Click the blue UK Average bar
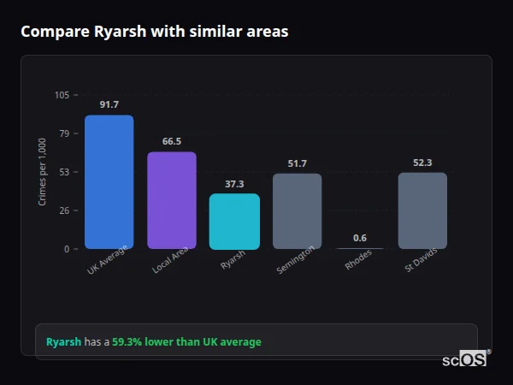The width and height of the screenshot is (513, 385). tap(109, 182)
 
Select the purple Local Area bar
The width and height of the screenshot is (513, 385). tap(172, 200)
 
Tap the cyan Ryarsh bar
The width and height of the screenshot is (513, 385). tap(234, 222)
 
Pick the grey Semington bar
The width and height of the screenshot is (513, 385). tap(297, 211)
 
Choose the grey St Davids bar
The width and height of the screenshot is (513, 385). tap(422, 210)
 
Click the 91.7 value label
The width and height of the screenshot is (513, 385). tap(109, 104)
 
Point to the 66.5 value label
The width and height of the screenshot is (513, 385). tap(172, 141)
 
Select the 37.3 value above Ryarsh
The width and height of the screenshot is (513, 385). tap(234, 183)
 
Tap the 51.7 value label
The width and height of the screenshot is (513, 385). tap(297, 163)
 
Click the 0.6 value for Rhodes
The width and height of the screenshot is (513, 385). tap(360, 238)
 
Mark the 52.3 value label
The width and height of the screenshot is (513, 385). tap(422, 163)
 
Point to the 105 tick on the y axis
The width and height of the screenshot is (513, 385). tap(62, 95)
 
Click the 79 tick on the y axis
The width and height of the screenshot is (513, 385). tap(64, 133)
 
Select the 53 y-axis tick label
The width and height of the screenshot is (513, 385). tap(64, 172)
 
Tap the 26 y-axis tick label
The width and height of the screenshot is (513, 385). tap(64, 210)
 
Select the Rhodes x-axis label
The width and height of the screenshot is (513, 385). tap(358, 259)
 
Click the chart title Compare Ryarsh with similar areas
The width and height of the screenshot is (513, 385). tap(154, 32)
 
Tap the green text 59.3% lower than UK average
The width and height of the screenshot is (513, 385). tap(186, 342)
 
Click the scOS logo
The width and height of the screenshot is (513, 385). tap(464, 360)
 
